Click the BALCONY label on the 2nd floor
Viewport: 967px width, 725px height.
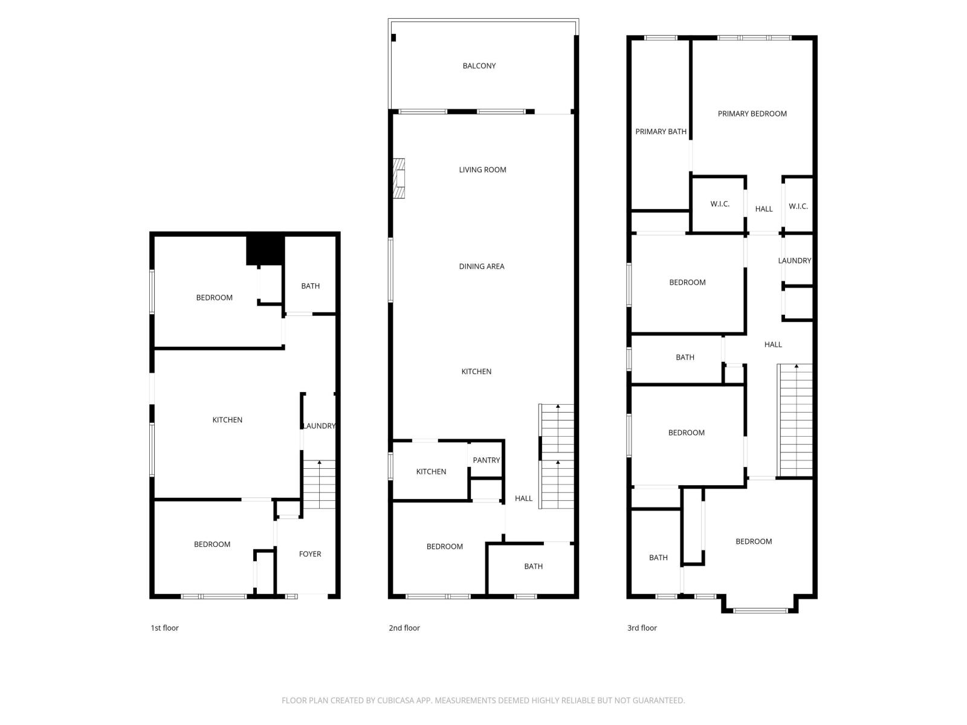pyautogui.click(x=479, y=66)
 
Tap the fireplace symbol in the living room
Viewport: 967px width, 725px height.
pyautogui.click(x=399, y=178)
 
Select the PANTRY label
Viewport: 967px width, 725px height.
pyautogui.click(x=486, y=460)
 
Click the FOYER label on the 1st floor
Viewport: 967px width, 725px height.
pyautogui.click(x=310, y=554)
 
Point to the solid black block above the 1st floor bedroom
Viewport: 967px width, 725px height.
pyautogui.click(x=265, y=250)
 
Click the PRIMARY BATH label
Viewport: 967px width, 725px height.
pyautogui.click(x=661, y=132)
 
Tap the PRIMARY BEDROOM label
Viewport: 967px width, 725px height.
pyautogui.click(x=752, y=114)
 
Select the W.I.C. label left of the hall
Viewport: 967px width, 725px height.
pyautogui.click(x=719, y=204)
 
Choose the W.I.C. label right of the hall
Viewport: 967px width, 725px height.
pyautogui.click(x=798, y=207)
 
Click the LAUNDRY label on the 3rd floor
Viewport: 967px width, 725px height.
pyautogui.click(x=794, y=261)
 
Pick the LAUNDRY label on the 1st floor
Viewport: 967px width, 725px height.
pyautogui.click(x=319, y=426)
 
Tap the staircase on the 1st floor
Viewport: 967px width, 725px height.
pyautogui.click(x=319, y=483)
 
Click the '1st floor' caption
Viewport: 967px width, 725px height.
pyautogui.click(x=164, y=628)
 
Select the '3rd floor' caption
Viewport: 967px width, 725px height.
pyautogui.click(x=642, y=628)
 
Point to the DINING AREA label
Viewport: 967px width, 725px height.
pyautogui.click(x=481, y=266)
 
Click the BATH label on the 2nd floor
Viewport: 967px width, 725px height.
pyautogui.click(x=533, y=567)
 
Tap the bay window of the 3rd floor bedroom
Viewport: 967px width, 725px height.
pyautogui.click(x=760, y=610)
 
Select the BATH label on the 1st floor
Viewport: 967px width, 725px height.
pyautogui.click(x=310, y=286)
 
